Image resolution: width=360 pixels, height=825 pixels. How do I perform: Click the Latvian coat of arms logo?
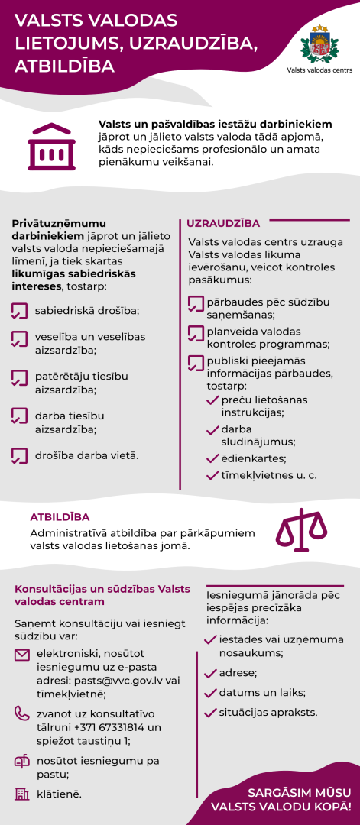[x=316, y=44]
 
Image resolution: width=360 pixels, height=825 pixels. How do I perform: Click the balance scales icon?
[x=300, y=527]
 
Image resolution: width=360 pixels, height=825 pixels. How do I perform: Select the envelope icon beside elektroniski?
[x=22, y=655]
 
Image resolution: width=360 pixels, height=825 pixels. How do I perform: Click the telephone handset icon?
[x=22, y=713]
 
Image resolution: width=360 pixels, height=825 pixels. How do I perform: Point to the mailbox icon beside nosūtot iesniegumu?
[x=22, y=761]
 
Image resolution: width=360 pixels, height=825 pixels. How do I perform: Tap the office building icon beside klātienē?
[x=22, y=794]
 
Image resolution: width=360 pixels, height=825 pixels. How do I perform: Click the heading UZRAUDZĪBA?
[x=223, y=223]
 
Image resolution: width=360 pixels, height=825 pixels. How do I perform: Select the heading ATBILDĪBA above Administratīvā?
[x=60, y=516]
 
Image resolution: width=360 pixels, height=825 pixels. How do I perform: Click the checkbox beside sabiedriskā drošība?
[x=20, y=311]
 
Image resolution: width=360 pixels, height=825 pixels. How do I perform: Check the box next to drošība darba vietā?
[x=20, y=456]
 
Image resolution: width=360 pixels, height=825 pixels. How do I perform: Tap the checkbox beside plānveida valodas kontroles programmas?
[x=196, y=333]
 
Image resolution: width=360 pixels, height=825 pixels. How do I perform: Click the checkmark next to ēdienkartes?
[x=213, y=458]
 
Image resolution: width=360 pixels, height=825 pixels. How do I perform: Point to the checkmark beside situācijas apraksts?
[x=212, y=713]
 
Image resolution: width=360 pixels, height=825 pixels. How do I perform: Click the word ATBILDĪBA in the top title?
[x=65, y=66]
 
